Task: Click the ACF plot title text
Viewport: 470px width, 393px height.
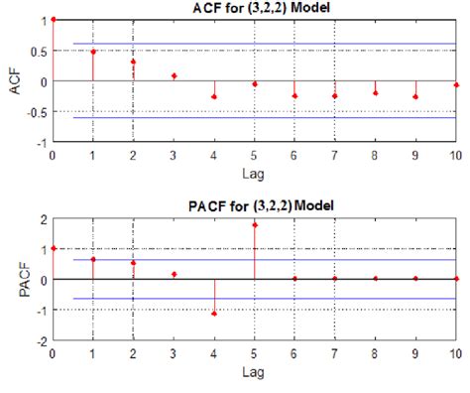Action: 254,9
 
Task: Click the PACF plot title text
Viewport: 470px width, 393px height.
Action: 254,206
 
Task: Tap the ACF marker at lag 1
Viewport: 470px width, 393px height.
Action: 92,52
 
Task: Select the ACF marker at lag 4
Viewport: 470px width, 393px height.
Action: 213,96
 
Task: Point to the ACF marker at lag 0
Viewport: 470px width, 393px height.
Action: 53,19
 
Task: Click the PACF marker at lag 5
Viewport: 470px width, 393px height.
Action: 254,225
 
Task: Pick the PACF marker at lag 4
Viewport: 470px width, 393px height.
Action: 213,313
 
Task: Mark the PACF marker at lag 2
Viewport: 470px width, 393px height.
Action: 133,263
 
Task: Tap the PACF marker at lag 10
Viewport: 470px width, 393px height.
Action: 456,279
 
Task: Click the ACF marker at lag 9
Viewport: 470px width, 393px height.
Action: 415,96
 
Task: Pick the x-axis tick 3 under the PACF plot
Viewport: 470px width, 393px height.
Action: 174,352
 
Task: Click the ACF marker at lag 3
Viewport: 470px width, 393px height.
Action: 174,75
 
